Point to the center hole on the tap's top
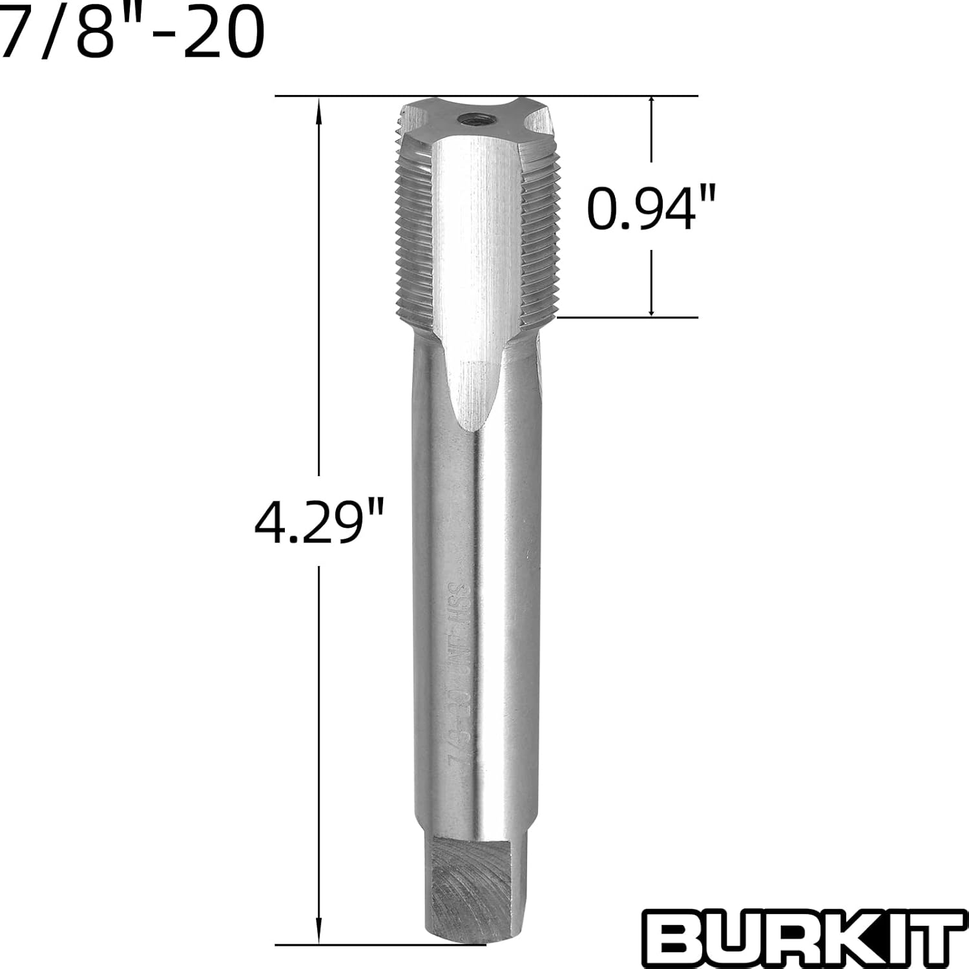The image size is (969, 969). point(464,120)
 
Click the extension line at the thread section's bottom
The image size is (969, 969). point(627,317)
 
